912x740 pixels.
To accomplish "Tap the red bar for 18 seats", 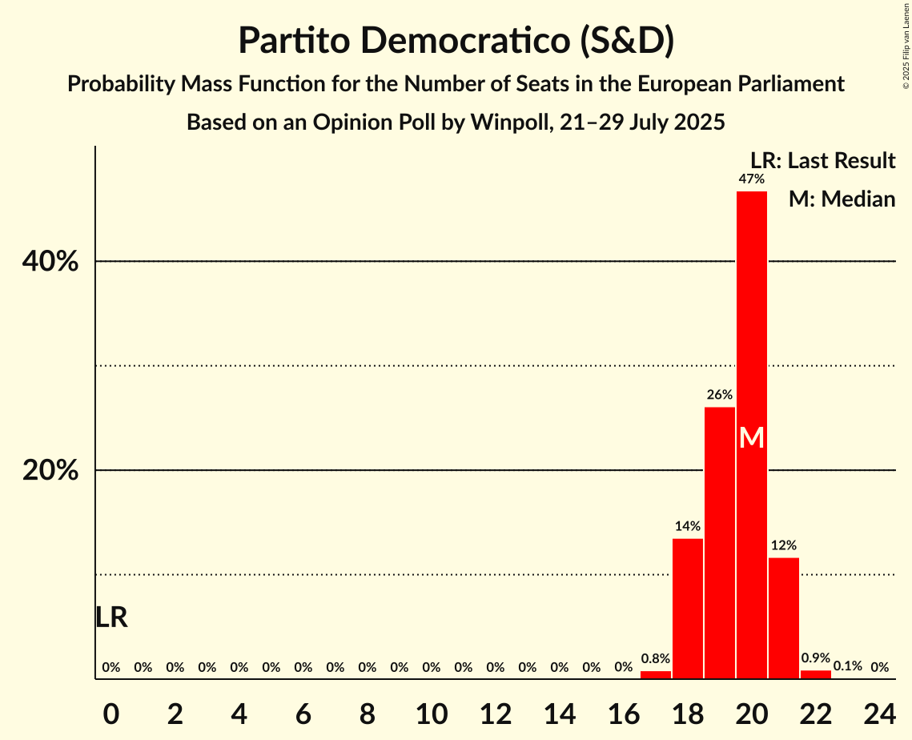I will click(687, 609).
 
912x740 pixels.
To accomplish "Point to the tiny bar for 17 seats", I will click(655, 675).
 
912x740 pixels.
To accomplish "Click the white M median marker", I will click(751, 437).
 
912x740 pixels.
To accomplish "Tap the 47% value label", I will click(751, 179).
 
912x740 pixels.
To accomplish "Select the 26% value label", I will click(719, 395).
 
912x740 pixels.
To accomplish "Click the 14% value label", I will click(687, 526).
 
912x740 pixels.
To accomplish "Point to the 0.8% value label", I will click(655, 659).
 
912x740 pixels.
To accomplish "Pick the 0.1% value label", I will click(847, 666).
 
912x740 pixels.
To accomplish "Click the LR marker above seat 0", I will click(111, 617).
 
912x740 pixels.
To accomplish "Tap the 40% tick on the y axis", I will click(50, 262).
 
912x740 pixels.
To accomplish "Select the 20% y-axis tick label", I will click(50, 471).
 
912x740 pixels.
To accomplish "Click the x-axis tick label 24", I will click(879, 711).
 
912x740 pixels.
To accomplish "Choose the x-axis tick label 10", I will click(431, 711).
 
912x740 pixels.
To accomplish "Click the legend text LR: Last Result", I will click(822, 161).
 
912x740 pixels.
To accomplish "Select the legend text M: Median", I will click(842, 199).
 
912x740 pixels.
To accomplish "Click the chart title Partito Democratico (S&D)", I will click(456, 41).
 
